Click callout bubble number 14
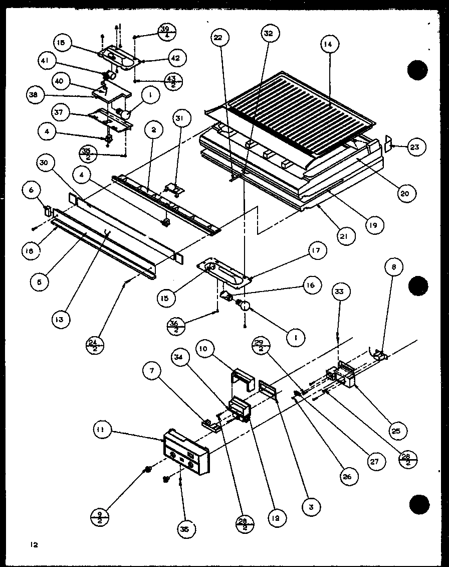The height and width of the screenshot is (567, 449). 328,45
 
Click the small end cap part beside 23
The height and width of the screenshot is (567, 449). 387,143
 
